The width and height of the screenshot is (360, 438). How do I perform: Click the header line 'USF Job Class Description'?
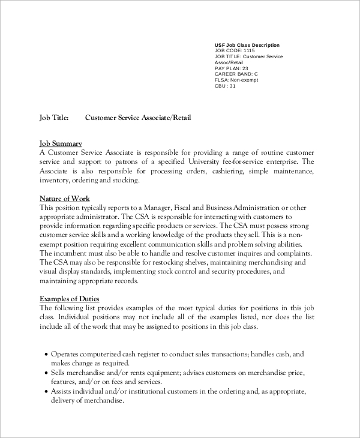(247, 45)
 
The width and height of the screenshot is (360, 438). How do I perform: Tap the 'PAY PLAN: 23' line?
(231, 68)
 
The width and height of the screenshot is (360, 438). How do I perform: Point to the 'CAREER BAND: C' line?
(236, 74)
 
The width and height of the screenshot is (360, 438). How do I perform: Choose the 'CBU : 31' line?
(225, 86)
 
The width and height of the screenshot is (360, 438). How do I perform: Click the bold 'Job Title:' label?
(54, 118)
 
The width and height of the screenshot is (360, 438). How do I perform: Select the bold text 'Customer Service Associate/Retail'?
(138, 118)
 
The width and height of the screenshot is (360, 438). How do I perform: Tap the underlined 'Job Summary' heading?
(61, 143)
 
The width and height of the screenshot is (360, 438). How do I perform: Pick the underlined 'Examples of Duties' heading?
(70, 299)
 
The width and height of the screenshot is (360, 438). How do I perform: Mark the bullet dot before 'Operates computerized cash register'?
(46, 355)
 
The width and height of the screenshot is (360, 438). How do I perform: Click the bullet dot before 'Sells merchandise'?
(46, 373)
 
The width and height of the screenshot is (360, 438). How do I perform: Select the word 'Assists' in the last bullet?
(63, 391)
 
